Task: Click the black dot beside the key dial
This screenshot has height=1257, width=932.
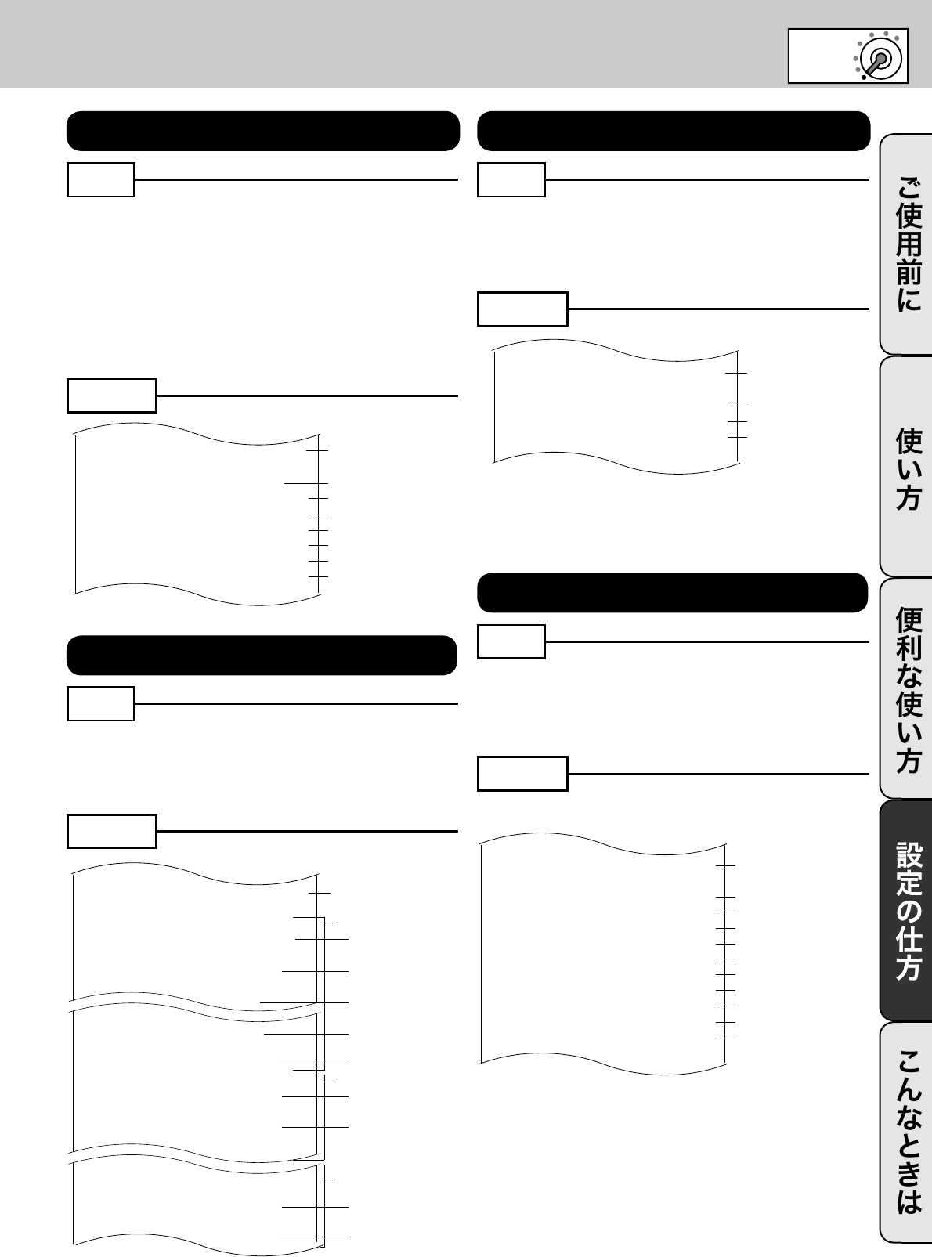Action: pos(863,77)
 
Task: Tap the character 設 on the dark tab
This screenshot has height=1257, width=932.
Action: pos(909,856)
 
